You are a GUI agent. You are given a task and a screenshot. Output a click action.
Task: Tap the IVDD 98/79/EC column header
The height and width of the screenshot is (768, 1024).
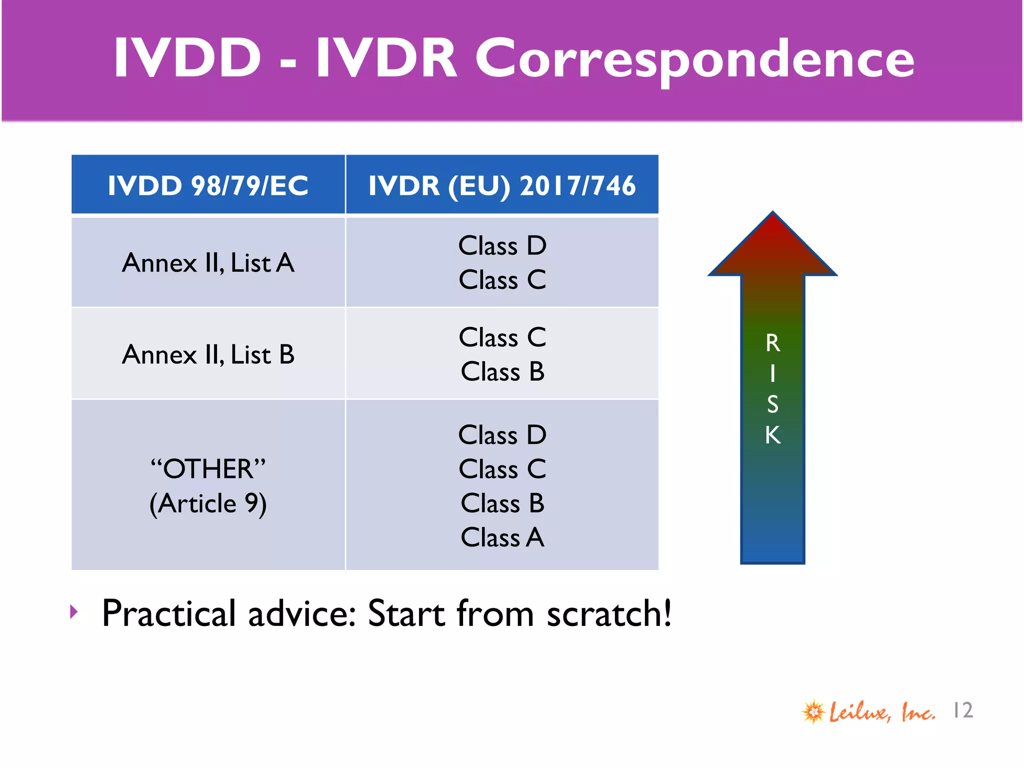(208, 185)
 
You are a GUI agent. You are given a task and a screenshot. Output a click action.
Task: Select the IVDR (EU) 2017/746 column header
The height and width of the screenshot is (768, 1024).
(502, 185)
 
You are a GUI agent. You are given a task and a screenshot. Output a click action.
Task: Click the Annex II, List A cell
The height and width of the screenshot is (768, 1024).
(208, 262)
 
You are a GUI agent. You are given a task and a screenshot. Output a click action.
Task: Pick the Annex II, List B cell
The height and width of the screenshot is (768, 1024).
(208, 354)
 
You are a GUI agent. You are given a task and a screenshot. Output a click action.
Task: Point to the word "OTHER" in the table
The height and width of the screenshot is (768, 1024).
(208, 469)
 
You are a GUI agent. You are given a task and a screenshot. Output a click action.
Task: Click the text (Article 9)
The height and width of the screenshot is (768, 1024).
(208, 503)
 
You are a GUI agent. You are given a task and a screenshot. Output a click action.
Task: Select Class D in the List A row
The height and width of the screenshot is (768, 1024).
(502, 245)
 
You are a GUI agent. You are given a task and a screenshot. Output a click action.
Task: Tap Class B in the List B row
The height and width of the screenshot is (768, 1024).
(502, 371)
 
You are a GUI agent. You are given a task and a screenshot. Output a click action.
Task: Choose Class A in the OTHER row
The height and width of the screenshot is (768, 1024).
(502, 537)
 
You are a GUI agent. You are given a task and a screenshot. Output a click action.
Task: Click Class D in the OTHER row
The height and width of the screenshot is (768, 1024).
(502, 434)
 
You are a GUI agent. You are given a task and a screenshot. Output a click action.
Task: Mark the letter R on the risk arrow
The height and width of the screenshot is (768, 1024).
(772, 343)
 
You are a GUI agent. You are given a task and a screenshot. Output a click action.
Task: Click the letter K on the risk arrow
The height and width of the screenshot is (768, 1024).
(772, 435)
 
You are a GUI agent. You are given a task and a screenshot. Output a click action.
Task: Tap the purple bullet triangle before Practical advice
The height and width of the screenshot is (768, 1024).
(74, 611)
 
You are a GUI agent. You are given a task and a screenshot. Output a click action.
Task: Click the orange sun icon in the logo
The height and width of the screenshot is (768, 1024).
(813, 711)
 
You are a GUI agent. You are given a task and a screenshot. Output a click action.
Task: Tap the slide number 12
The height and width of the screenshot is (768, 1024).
(962, 710)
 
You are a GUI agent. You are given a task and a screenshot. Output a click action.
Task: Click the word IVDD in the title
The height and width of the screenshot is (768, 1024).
(187, 59)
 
